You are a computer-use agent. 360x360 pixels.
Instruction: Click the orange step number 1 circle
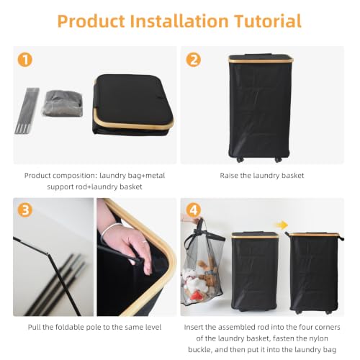pyautogui.click(x=25, y=60)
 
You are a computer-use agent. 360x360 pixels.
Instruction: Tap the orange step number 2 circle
pyautogui.click(x=194, y=60)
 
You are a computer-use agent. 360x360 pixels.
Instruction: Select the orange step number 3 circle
pyautogui.click(x=25, y=210)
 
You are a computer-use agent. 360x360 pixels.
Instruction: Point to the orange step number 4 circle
pyautogui.click(x=194, y=210)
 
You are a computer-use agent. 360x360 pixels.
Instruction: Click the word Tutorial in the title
pyautogui.click(x=268, y=21)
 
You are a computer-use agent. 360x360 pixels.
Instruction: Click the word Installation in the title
pyautogui.click(x=179, y=21)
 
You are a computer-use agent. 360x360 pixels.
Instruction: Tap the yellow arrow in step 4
pyautogui.click(x=282, y=225)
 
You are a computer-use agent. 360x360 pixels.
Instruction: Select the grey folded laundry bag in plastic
pyautogui.click(x=63, y=104)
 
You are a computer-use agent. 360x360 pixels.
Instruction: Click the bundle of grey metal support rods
pyautogui.click(x=27, y=111)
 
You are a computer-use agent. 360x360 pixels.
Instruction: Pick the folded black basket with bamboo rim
pyautogui.click(x=133, y=105)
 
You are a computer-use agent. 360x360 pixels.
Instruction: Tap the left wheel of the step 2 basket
pyautogui.click(x=240, y=160)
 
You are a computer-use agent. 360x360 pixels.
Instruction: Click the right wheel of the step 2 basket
pyautogui.click(x=278, y=160)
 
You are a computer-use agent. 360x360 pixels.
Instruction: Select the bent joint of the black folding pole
pyautogui.click(x=48, y=253)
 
